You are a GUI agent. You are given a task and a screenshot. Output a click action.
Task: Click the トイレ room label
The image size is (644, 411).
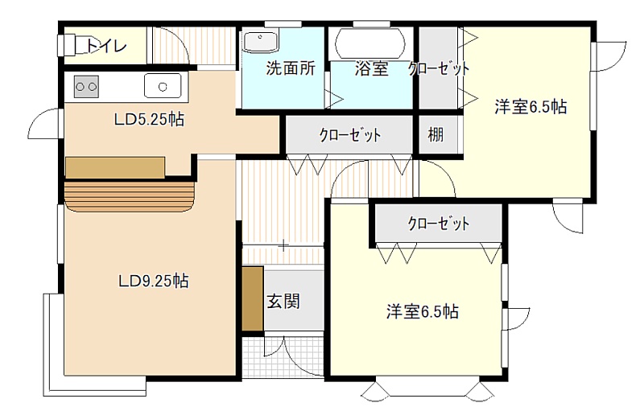click(x=106, y=46)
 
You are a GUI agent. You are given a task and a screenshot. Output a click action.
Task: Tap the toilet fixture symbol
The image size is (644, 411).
click(x=72, y=45)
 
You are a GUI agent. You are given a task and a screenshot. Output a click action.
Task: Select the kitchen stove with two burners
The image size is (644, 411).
click(x=87, y=87)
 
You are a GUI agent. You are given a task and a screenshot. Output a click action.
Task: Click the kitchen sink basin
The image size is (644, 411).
click(x=163, y=86)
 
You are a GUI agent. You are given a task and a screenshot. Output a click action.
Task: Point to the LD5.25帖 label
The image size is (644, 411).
click(x=149, y=119)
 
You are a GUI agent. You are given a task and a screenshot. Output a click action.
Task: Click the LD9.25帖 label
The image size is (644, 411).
click(x=154, y=282)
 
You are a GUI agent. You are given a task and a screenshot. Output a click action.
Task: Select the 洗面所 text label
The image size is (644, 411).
click(x=291, y=68)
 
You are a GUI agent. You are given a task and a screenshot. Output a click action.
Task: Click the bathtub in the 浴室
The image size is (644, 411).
click(x=370, y=43)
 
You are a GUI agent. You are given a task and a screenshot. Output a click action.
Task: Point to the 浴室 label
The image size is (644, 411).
click(x=372, y=69)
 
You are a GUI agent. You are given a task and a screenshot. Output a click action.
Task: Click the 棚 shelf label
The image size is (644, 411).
click(x=436, y=134)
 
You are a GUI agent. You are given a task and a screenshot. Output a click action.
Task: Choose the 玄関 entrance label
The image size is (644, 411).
click(x=283, y=302)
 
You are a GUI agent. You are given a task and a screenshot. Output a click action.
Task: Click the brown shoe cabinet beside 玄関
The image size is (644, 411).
click(x=253, y=298)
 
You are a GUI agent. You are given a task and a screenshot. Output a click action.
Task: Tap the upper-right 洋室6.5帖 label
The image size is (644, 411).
click(x=530, y=107)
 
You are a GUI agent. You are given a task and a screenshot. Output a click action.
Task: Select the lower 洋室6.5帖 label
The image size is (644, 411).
click(x=422, y=312)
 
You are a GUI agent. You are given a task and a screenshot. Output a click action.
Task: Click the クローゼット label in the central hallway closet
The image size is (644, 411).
click(x=350, y=135)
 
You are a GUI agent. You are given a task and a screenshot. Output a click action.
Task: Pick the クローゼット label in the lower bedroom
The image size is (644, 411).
click(x=438, y=224)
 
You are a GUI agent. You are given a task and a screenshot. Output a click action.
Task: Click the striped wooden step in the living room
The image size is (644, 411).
click(x=130, y=196)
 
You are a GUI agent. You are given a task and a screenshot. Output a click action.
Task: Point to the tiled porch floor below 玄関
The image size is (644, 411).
click(x=283, y=357)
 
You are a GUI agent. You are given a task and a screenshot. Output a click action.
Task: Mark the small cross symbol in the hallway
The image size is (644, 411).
click(x=283, y=245)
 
